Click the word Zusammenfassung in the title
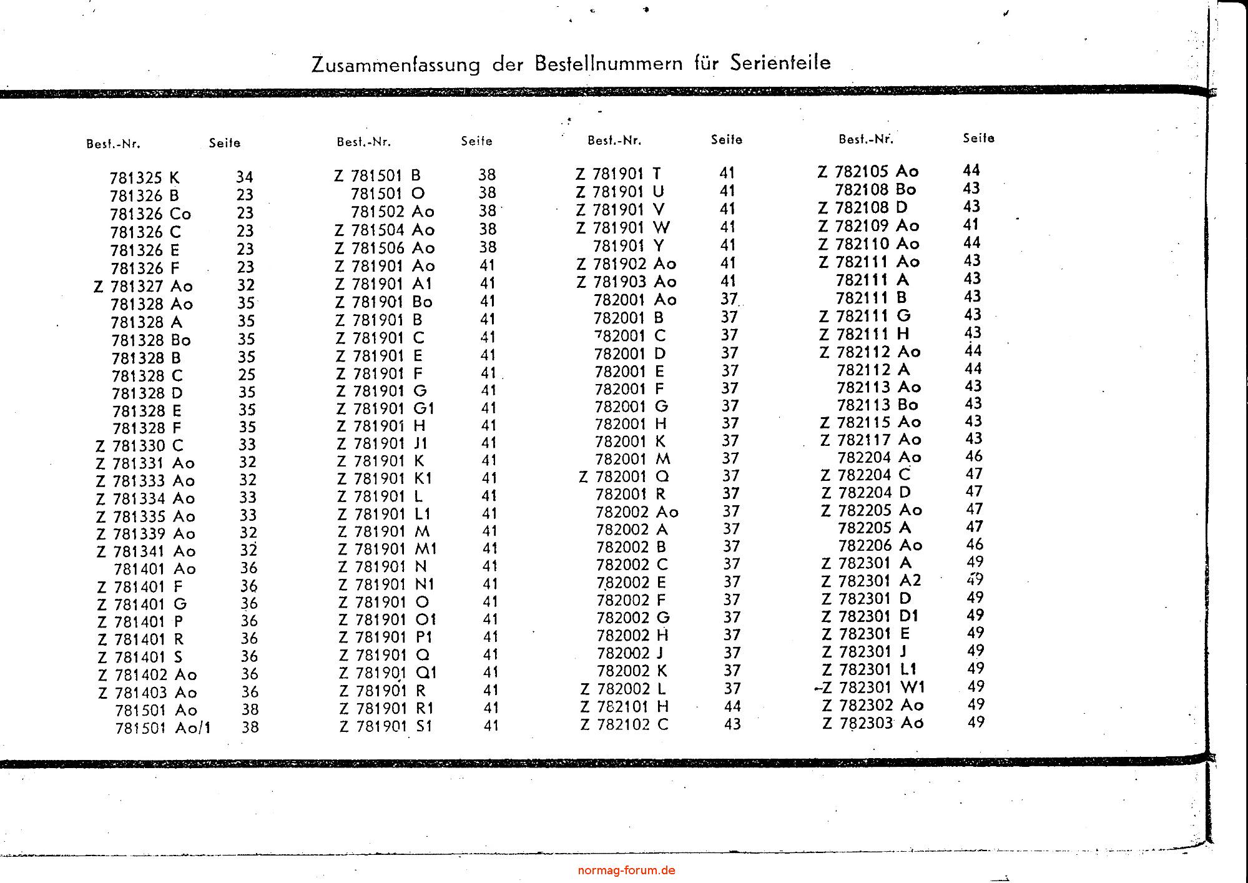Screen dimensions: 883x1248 pyautogui.click(x=396, y=65)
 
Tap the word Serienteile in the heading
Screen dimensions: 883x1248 pyautogui.click(x=780, y=62)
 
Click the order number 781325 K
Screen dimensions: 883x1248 pyautogui.click(x=144, y=178)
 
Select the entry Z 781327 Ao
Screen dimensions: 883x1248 pyautogui.click(x=143, y=286)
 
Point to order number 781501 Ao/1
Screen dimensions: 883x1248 pyautogui.click(x=163, y=728)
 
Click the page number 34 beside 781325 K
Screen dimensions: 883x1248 pyautogui.click(x=245, y=177)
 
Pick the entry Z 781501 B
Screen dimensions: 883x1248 pyautogui.click(x=377, y=175)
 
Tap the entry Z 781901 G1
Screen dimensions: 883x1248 pyautogui.click(x=385, y=408)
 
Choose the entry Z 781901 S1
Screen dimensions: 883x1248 pyautogui.click(x=385, y=726)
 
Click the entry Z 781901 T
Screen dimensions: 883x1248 pyautogui.click(x=618, y=173)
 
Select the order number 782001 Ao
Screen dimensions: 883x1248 pyautogui.click(x=635, y=300)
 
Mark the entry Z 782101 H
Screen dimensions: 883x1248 pyautogui.click(x=624, y=706)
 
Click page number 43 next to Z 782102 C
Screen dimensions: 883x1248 pyautogui.click(x=732, y=724)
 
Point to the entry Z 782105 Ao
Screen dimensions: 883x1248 pyautogui.click(x=868, y=171)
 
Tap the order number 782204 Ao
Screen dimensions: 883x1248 pyautogui.click(x=879, y=457)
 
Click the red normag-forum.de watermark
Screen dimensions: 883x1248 pyautogui.click(x=626, y=871)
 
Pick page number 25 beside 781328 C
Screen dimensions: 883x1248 pyautogui.click(x=247, y=375)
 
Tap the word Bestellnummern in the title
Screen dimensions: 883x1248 pyautogui.click(x=608, y=64)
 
